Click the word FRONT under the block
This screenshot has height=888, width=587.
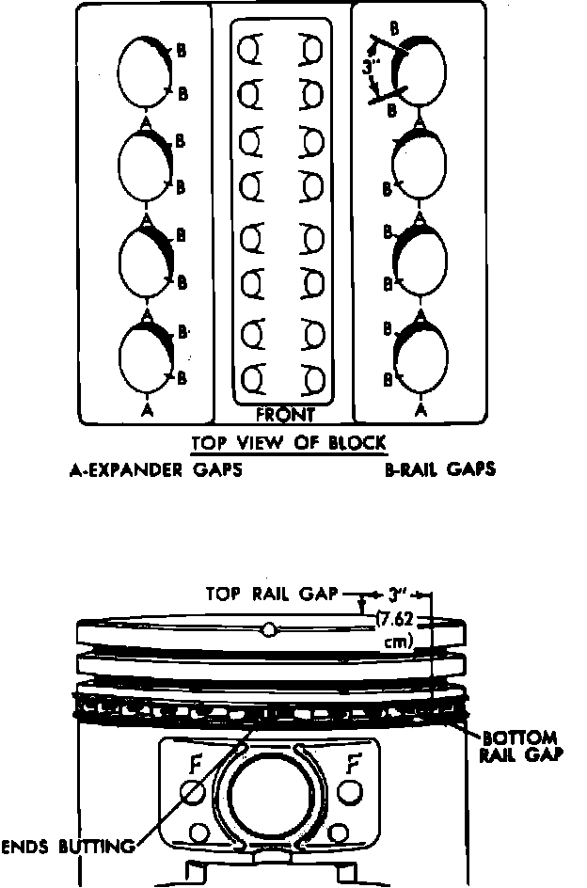(x=284, y=415)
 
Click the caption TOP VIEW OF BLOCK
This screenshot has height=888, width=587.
(x=289, y=443)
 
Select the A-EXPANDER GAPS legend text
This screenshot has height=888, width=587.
(x=156, y=468)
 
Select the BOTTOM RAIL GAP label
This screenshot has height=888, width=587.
(x=519, y=745)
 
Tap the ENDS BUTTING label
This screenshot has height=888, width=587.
(x=67, y=846)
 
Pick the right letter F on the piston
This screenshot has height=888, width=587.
(x=354, y=763)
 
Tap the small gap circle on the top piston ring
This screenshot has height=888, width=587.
(x=270, y=629)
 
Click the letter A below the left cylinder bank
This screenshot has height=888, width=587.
(x=146, y=410)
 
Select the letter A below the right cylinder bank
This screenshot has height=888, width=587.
(x=420, y=410)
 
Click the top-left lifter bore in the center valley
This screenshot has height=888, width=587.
(x=251, y=47)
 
